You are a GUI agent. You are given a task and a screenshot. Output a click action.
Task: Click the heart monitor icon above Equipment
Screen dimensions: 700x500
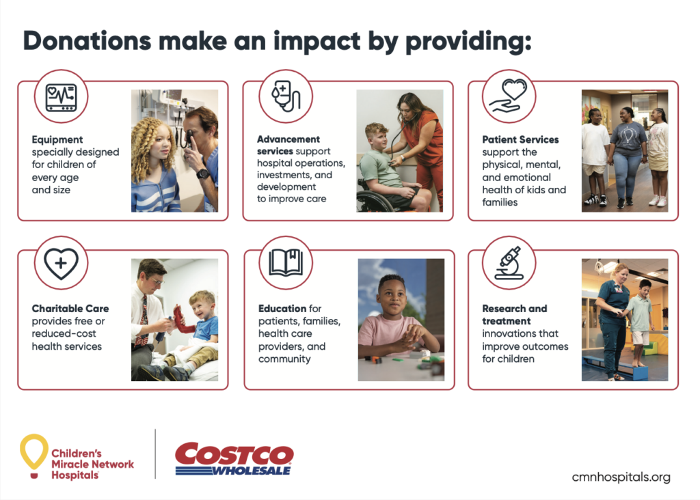click(61, 97)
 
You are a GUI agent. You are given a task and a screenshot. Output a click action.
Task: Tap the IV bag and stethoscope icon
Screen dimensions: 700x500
click(286, 96)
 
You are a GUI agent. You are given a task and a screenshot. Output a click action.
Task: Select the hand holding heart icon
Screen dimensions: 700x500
click(509, 96)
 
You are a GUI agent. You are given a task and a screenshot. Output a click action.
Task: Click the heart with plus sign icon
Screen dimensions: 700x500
click(61, 264)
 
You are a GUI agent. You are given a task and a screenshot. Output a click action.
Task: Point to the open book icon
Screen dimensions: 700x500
click(286, 263)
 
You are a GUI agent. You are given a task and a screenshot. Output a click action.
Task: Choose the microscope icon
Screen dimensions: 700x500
click(509, 263)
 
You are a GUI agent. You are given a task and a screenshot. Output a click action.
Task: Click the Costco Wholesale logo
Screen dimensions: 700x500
click(234, 458)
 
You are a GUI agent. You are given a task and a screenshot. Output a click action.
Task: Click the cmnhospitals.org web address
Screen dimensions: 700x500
click(621, 477)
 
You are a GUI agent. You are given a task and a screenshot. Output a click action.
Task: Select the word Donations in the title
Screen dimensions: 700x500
click(87, 40)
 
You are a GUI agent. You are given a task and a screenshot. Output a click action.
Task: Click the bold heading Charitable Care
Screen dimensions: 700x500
click(70, 309)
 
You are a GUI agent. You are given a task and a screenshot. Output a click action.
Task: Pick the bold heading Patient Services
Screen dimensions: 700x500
click(520, 139)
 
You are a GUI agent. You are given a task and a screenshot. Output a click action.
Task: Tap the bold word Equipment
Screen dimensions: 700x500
click(57, 140)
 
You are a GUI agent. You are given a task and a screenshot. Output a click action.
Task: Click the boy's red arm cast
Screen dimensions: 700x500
click(180, 320)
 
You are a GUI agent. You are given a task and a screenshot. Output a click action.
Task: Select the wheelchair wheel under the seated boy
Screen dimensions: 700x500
click(375, 202)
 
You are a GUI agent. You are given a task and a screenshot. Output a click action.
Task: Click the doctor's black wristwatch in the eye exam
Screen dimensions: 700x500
click(203, 173)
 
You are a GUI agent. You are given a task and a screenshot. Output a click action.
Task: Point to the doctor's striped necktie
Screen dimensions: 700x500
click(144, 318)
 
